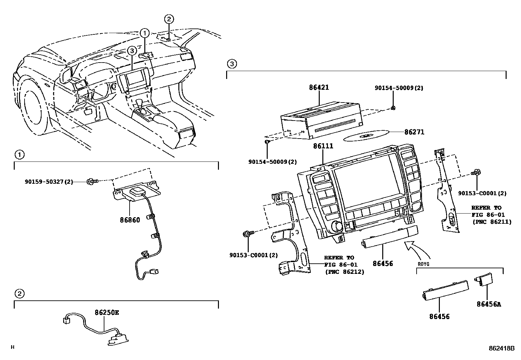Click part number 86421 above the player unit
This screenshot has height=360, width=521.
click(x=319, y=88)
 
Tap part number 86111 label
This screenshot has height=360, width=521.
click(x=323, y=146)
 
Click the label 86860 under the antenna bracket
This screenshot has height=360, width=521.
click(x=130, y=220)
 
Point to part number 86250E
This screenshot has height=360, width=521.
click(x=107, y=313)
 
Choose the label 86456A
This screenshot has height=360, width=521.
click(x=489, y=304)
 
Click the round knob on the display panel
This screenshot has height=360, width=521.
click(x=336, y=226)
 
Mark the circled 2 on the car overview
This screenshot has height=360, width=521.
click(x=169, y=19)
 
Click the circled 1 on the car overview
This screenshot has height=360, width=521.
click(x=145, y=32)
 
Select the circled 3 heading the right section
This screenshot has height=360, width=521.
click(x=231, y=64)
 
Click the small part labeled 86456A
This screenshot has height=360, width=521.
click(x=484, y=279)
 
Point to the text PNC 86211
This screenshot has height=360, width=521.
click(x=491, y=222)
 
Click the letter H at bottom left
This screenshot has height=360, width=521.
click(x=12, y=347)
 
